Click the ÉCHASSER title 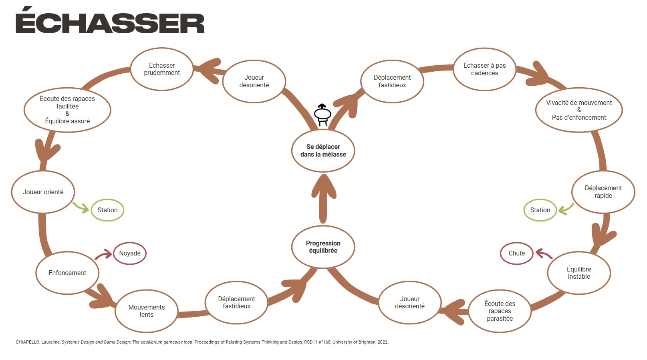tap(110, 22)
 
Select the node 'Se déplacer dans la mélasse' tap(323, 151)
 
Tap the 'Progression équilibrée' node tap(323, 247)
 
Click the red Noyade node tap(130, 253)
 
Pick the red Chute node tap(516, 253)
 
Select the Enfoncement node tap(67, 273)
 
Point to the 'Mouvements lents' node tap(146, 311)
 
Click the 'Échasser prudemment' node tap(162, 69)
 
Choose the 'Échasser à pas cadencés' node tap(484, 69)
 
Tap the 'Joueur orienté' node tap(43, 192)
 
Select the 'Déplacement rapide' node tap(603, 192)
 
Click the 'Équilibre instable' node tap(579, 273)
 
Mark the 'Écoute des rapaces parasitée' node tap(500, 311)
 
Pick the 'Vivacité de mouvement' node tap(579, 110)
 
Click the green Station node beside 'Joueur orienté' tap(107, 210)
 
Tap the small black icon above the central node tap(322, 115)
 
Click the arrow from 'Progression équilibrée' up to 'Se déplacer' tap(323, 198)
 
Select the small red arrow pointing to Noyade tap(103, 255)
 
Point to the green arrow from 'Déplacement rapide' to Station tap(566, 208)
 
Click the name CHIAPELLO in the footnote tap(27, 342)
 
